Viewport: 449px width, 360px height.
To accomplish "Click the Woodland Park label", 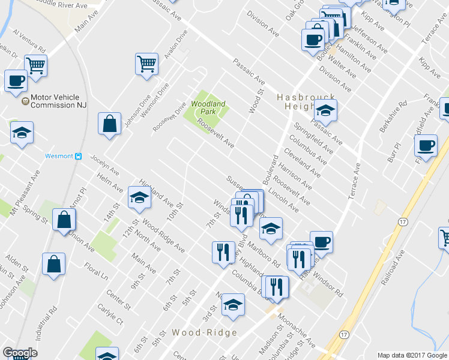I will click(x=208, y=108).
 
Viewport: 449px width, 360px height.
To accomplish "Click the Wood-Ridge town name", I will click(x=205, y=332).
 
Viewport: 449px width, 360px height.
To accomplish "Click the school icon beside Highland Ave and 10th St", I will click(x=139, y=197).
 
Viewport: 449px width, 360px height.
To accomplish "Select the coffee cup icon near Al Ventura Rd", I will click(x=16, y=80).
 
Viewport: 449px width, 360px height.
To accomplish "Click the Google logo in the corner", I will click(x=20, y=353).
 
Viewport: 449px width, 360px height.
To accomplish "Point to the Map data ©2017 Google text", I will click(x=411, y=355).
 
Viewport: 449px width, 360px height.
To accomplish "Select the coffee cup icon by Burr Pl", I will click(x=426, y=146).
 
